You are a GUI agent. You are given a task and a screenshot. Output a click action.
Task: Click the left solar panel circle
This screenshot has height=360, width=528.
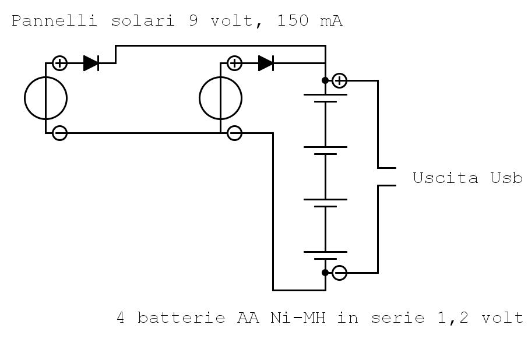pos(45,98)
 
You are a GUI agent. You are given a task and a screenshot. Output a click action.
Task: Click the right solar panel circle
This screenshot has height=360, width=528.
pos(220,98)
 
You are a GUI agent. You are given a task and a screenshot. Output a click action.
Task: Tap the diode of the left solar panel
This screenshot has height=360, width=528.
pos(91,63)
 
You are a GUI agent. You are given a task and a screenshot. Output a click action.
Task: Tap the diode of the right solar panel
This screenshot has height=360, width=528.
pos(266,63)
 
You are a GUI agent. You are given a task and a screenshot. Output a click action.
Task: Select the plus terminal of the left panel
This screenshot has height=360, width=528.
pos(59,63)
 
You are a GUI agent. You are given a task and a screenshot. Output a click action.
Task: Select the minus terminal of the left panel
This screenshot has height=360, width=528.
pos(59,133)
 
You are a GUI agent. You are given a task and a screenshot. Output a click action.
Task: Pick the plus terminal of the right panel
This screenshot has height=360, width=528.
pos(234,63)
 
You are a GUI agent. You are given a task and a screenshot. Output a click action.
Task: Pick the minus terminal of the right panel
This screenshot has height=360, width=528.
pos(234,133)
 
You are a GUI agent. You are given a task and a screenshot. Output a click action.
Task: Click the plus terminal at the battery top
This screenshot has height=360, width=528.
pos(339,80)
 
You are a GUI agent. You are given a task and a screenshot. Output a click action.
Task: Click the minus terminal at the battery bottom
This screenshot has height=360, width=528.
pos(339,272)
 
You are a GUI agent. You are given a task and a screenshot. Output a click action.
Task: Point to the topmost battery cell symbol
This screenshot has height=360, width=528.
pos(325,98)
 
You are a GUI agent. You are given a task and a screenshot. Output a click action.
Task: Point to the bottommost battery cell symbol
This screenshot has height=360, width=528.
pos(325,255)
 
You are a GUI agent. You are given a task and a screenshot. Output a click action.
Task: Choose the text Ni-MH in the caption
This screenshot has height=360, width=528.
pos(297,318)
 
